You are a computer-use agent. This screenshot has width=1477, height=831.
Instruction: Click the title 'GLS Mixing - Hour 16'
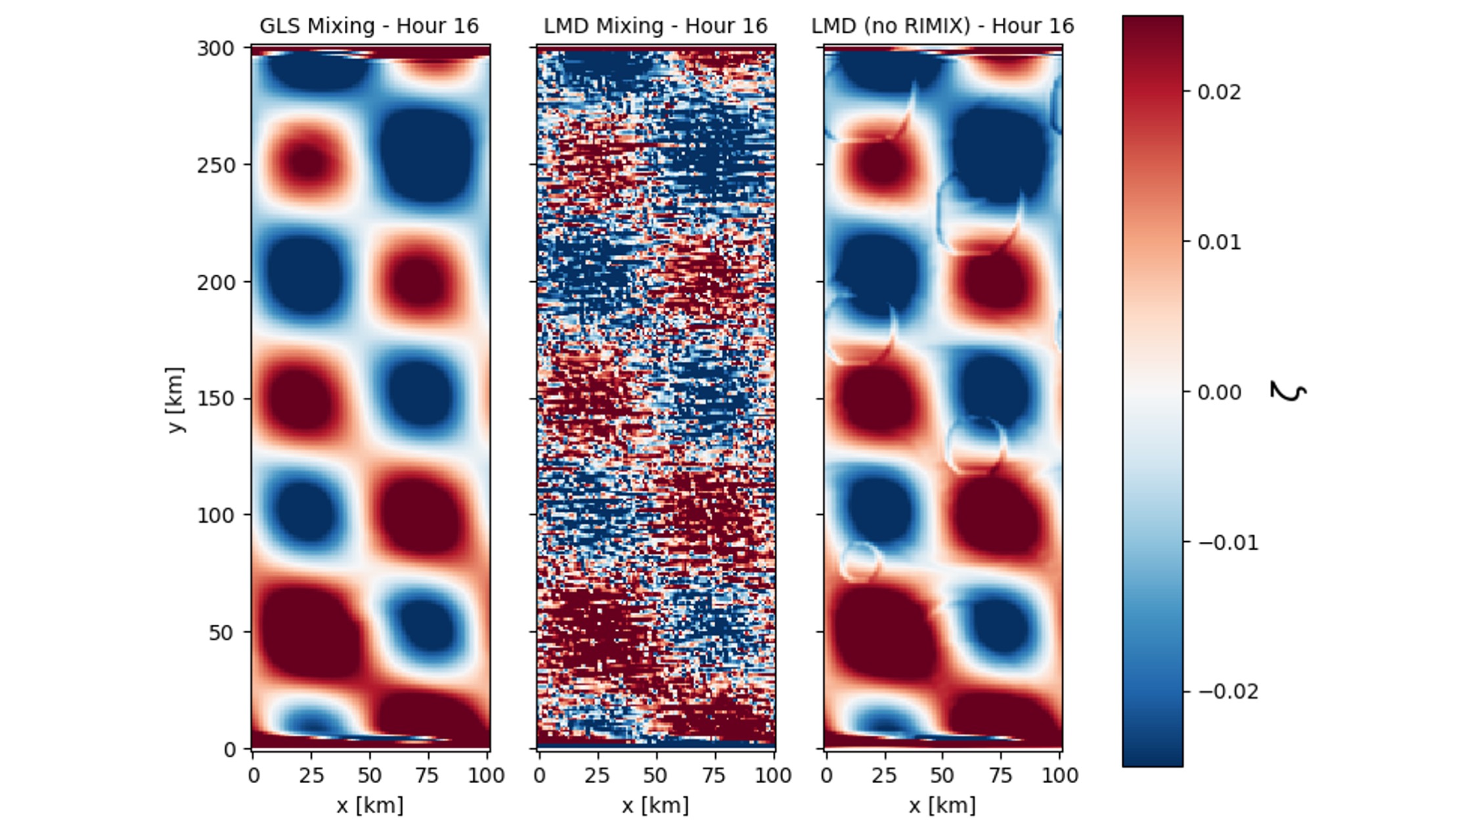pyautogui.click(x=369, y=26)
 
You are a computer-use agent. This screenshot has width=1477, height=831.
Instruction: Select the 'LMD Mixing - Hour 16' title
pyautogui.click(x=655, y=26)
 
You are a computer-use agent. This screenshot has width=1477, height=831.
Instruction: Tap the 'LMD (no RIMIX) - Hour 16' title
pyautogui.click(x=942, y=26)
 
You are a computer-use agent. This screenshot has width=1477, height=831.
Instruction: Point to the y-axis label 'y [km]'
pyautogui.click(x=175, y=399)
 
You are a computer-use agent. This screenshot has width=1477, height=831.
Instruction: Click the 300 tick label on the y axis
pyautogui.click(x=215, y=49)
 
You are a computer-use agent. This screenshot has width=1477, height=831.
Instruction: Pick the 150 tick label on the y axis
pyautogui.click(x=215, y=399)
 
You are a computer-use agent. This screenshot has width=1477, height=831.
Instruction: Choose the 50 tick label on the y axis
pyautogui.click(x=221, y=633)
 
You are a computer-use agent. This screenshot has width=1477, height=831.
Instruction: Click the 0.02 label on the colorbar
pyautogui.click(x=1219, y=92)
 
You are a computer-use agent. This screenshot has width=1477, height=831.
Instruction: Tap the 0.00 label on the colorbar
pyautogui.click(x=1219, y=392)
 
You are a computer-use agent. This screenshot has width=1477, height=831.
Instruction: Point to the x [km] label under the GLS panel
pyautogui.click(x=370, y=805)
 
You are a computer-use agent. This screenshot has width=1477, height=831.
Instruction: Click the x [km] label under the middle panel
pyautogui.click(x=655, y=805)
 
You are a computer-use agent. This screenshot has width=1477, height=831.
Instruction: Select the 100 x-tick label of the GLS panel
pyautogui.click(x=486, y=776)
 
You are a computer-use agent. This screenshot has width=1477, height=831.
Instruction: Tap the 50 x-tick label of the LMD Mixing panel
pyautogui.click(x=655, y=776)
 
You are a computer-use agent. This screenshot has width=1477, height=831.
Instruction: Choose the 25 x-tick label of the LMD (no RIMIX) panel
pyautogui.click(x=884, y=776)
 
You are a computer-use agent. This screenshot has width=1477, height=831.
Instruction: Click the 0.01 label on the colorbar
pyautogui.click(x=1219, y=242)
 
